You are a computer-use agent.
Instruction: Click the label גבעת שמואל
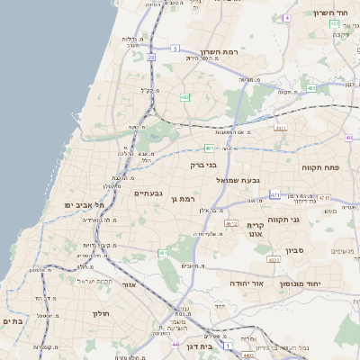tap(238, 180)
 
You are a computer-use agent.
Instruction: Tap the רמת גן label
tap(183, 198)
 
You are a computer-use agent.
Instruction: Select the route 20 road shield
tap(151, 58)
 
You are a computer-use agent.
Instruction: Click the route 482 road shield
tap(184, 97)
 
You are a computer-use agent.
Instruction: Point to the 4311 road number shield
tap(282, 129)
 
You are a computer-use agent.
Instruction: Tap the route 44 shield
tap(175, 343)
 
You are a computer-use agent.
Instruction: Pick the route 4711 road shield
tap(274, 194)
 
